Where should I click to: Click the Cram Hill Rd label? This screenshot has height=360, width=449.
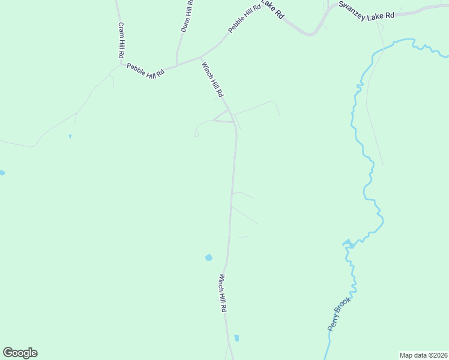pyautogui.click(x=121, y=40)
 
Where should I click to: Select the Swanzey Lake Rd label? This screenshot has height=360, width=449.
pyautogui.click(x=366, y=10)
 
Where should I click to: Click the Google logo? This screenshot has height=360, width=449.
pyautogui.click(x=20, y=353)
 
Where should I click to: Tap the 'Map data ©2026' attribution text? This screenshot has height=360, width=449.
pyautogui.click(x=423, y=355)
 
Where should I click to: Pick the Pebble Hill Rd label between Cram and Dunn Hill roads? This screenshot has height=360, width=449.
pyautogui.click(x=145, y=71)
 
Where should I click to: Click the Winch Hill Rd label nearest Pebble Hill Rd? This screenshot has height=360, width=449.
pyautogui.click(x=212, y=80)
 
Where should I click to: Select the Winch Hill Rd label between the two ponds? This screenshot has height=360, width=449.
pyautogui.click(x=222, y=293)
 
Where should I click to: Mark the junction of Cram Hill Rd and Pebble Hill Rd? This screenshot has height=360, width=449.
pyautogui.click(x=122, y=62)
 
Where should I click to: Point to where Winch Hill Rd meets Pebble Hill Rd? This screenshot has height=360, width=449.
pyautogui.click(x=201, y=58)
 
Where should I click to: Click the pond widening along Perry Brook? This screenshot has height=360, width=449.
pyautogui.click(x=348, y=244)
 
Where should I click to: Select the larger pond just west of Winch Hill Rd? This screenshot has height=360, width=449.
pyautogui.click(x=208, y=257)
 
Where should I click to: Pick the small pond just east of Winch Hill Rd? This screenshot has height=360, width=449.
pyautogui.click(x=237, y=338)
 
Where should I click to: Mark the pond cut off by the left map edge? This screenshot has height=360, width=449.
pyautogui.click(x=2, y=173)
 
